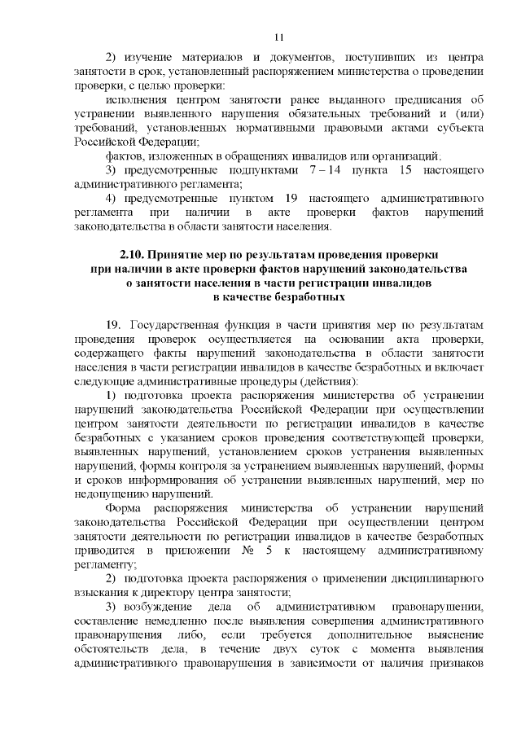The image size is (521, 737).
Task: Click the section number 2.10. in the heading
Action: coord(133,253)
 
